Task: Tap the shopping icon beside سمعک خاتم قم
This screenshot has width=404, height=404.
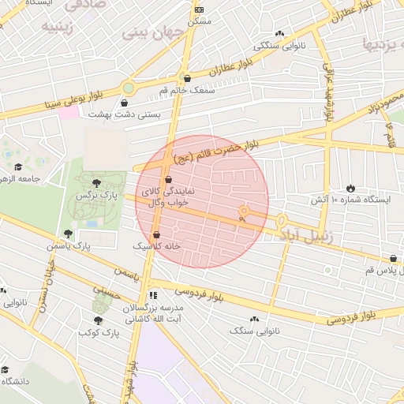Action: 187,78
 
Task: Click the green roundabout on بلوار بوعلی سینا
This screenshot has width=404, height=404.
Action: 129,88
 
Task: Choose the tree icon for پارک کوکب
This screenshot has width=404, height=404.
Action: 98,320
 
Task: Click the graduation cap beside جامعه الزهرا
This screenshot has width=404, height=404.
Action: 18,166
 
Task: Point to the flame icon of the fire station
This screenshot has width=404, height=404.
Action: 350,189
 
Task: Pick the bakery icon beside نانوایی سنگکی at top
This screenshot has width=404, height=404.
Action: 279,33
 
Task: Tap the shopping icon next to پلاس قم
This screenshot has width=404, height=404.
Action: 393,259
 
